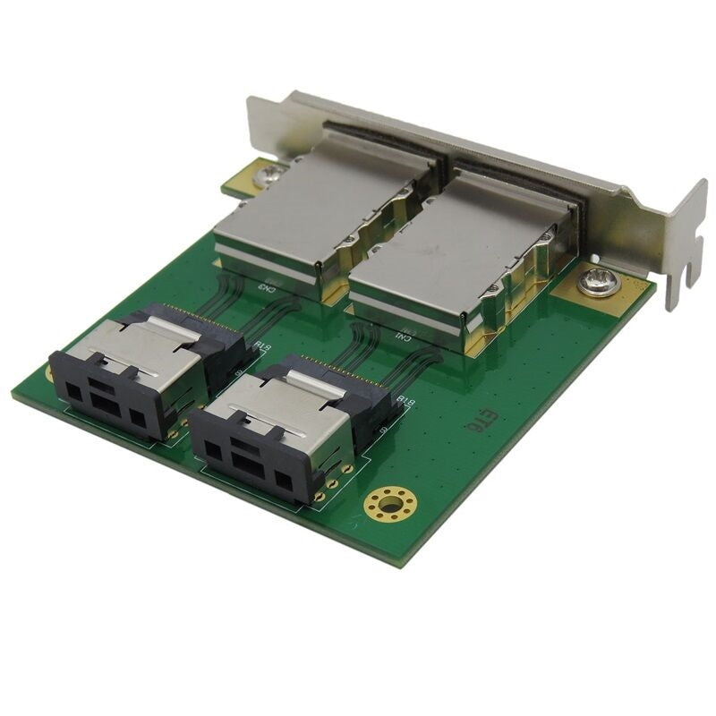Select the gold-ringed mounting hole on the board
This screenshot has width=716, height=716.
[x=388, y=504]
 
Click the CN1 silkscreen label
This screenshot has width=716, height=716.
[x=405, y=337]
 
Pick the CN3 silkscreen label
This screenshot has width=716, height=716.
[x=267, y=287]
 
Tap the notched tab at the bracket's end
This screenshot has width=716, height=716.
[x=685, y=242]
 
